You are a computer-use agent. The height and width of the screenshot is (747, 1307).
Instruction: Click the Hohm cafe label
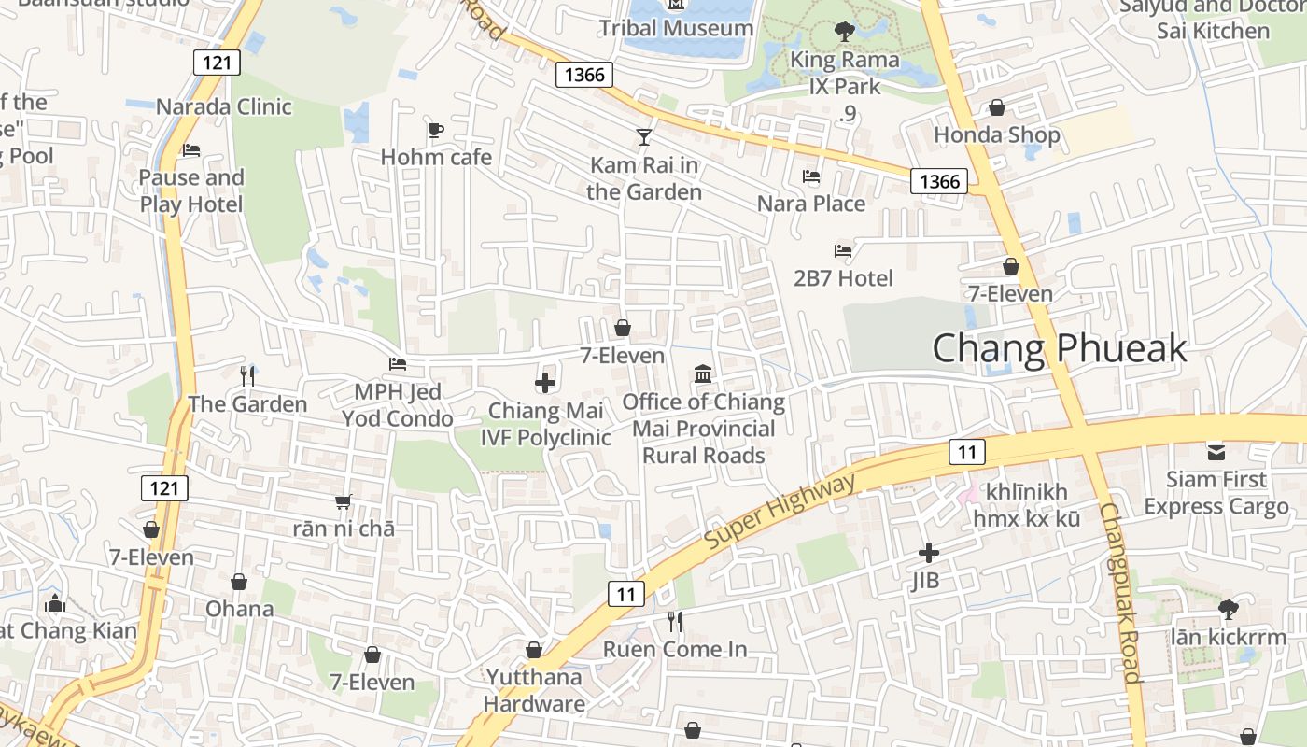[436, 157]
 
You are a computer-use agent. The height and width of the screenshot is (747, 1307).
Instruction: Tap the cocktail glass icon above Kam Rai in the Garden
[644, 137]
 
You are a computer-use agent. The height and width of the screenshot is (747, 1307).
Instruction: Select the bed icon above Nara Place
[811, 176]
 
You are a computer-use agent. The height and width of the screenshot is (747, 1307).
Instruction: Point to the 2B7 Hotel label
[843, 278]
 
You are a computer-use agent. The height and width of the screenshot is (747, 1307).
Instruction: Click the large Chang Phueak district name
[1060, 348]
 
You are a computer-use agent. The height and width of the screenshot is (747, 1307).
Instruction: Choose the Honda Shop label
[997, 135]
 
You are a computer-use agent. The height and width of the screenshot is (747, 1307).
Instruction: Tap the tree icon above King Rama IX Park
[845, 33]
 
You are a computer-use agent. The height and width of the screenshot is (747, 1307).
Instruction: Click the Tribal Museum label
[676, 28]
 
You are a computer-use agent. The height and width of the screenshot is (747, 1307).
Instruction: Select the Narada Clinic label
[224, 106]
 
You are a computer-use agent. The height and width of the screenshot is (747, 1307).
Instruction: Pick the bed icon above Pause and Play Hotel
[191, 149]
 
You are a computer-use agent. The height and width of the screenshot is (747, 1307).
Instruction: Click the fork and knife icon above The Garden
[247, 375]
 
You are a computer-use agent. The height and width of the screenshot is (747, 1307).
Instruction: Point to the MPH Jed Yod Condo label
[398, 404]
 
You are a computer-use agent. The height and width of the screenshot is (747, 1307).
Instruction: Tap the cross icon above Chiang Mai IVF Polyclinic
[545, 382]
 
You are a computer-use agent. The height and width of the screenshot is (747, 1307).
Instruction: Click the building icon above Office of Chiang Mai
[703, 374]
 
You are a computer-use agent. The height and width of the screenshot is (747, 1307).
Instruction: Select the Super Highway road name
[780, 511]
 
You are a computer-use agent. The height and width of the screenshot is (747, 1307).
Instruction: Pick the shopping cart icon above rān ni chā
[344, 501]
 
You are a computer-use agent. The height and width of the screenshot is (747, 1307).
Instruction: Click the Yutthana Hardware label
[534, 690]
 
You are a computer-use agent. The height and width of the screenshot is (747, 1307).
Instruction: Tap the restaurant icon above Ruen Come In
[675, 621]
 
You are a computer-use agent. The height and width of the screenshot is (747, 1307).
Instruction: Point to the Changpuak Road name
[1119, 593]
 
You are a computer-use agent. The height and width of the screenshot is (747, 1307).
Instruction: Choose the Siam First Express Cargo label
[1216, 493]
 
